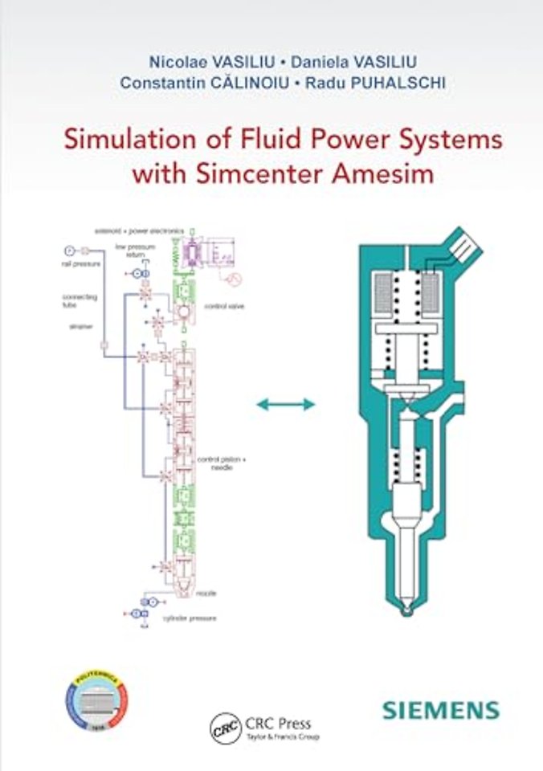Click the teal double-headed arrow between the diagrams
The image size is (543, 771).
285,405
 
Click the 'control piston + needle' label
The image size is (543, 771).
221,463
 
